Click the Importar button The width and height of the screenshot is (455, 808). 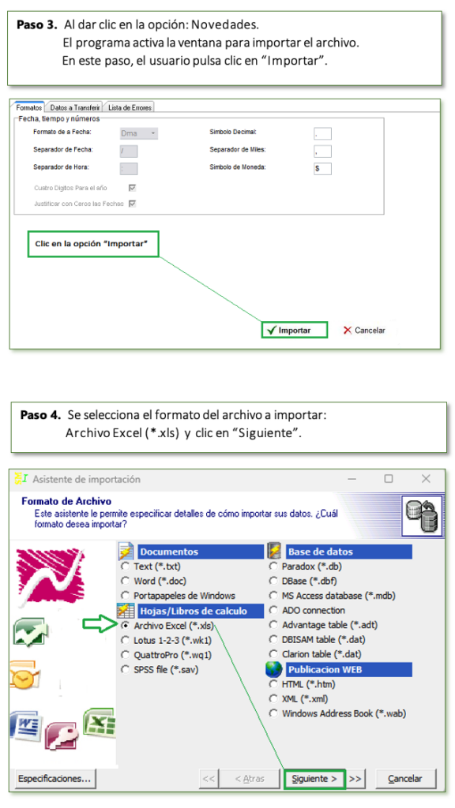(295, 331)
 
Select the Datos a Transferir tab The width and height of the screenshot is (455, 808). (75, 107)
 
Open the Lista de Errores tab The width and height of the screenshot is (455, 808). (130, 107)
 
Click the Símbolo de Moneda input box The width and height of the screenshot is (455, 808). (322, 169)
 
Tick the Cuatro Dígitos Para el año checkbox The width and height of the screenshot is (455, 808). (132, 188)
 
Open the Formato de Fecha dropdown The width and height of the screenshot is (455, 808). (139, 133)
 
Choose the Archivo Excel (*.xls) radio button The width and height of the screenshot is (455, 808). (126, 626)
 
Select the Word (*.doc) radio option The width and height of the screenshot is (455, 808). (126, 581)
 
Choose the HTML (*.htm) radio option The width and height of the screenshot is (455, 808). (273, 684)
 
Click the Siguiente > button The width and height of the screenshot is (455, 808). (314, 779)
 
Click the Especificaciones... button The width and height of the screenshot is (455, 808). (55, 779)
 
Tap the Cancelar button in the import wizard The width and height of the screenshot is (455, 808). (405, 779)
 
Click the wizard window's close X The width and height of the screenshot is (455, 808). (426, 479)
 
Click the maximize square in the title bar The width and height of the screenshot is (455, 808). (389, 479)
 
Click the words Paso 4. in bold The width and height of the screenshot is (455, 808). (41, 415)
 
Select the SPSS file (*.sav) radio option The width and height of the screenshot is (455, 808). (126, 670)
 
